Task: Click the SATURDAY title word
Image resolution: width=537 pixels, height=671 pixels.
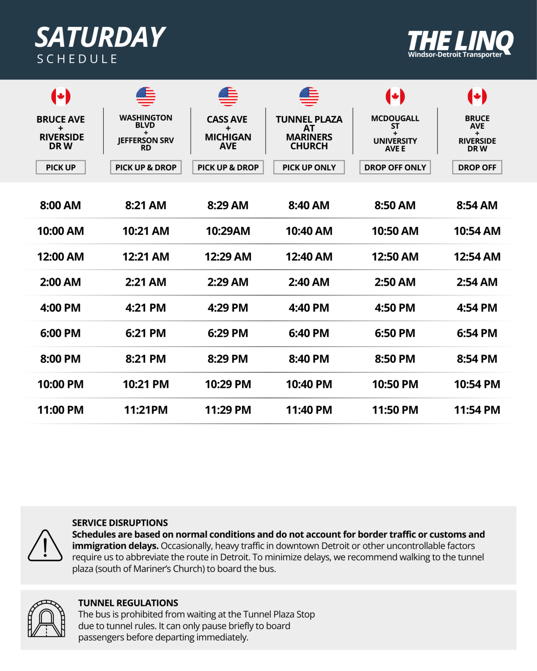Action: point(100,38)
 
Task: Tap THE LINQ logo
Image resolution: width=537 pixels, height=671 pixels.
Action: point(460,43)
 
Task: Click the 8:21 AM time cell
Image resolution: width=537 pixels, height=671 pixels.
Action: point(146,205)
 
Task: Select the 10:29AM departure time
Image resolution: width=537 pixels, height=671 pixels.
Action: point(228,231)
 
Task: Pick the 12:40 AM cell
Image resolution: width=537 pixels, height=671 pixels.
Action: point(309,257)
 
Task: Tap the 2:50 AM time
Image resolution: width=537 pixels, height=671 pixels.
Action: point(395,282)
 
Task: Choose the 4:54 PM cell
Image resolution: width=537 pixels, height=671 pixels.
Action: point(477,308)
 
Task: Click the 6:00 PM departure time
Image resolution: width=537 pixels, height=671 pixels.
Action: point(60,333)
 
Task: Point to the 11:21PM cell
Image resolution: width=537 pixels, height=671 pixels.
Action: point(146,410)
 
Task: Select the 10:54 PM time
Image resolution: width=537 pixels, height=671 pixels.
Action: point(477,384)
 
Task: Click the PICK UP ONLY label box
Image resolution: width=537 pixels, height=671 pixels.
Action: point(309,167)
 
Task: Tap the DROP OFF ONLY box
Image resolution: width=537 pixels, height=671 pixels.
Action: point(395,167)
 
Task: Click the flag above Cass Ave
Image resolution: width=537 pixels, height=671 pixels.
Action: point(228,97)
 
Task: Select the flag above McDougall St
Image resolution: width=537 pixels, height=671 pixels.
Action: point(395,97)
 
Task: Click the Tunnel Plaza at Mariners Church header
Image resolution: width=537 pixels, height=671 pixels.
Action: point(309,132)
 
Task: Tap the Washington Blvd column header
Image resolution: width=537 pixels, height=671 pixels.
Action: point(146,132)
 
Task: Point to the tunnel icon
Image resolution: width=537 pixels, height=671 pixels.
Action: point(46,619)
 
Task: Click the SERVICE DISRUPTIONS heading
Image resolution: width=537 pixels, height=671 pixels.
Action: point(120,523)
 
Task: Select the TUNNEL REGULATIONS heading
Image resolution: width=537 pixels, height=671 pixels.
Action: point(128,603)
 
